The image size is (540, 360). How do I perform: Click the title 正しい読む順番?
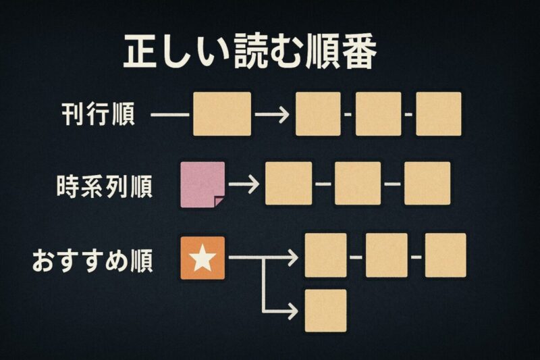click(248, 53)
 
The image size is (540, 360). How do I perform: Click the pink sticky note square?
click(203, 184)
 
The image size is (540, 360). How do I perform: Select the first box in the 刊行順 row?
click(222, 114)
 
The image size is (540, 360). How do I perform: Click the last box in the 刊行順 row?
click(438, 114)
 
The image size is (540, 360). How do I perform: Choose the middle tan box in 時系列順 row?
click(358, 183)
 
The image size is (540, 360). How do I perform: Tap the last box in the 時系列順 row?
click(427, 183)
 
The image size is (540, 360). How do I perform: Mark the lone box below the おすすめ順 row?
click(325, 310)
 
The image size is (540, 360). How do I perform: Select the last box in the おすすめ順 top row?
click(446, 255)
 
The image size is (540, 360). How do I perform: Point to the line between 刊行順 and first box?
click(169, 114)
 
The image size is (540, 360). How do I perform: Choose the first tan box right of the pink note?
click(289, 183)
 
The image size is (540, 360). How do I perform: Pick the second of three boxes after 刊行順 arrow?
click(378, 114)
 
